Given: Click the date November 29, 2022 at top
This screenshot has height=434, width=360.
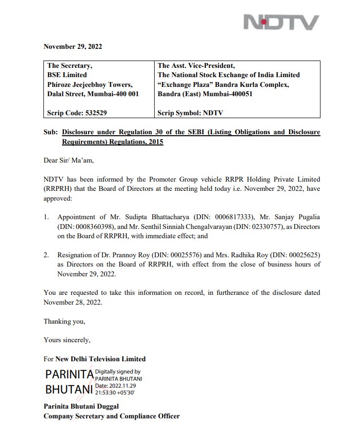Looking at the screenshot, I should [x=73, y=47].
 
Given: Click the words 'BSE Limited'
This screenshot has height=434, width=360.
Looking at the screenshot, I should [x=67, y=75].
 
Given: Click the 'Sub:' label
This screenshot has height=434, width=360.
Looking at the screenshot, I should [x=51, y=133].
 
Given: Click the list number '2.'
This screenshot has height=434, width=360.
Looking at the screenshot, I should [x=47, y=255].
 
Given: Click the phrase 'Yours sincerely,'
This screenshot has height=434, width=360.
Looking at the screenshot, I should [x=67, y=340].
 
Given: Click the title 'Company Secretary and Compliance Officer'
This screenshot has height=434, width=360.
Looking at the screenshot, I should [x=112, y=416].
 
